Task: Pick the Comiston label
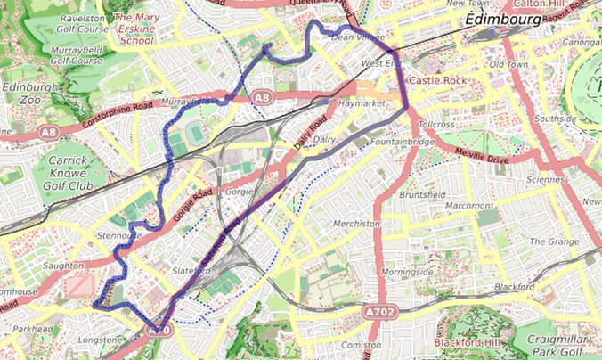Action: pyautogui.click(x=362, y=344)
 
